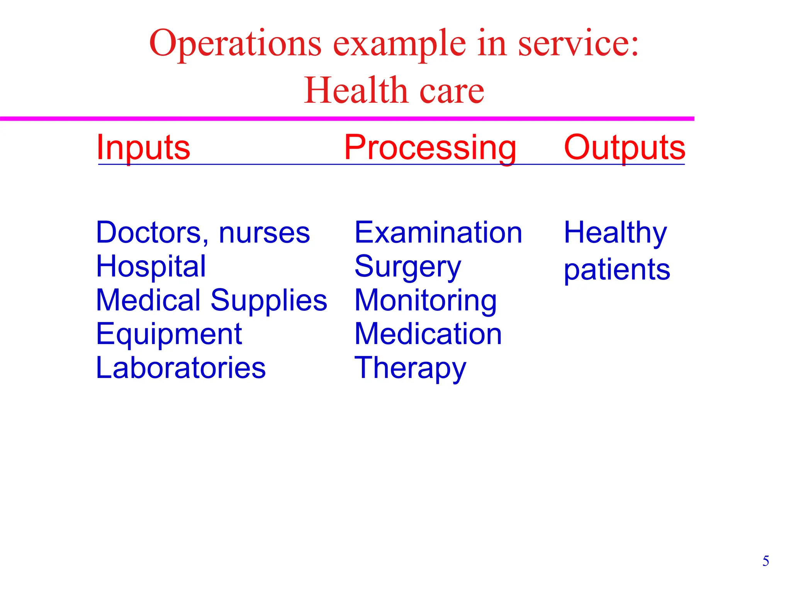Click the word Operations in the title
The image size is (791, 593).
point(235,44)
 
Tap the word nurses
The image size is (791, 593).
point(264,233)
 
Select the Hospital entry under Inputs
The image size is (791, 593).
point(151,266)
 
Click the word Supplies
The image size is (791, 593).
point(269,300)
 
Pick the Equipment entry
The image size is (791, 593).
point(169,334)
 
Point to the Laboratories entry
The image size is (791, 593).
point(181,368)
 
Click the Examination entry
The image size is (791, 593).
point(438,232)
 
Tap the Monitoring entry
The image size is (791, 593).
point(426,301)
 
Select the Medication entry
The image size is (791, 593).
point(428,334)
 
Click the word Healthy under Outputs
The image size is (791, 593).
point(615,233)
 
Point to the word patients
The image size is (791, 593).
point(617,270)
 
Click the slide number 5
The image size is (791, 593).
point(766,561)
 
